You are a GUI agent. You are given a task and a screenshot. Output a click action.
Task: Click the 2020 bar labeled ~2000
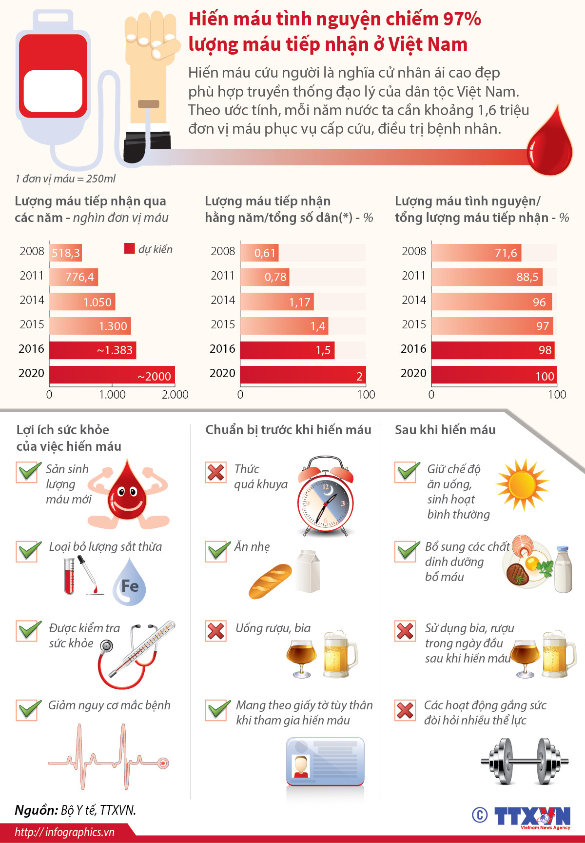[112, 375]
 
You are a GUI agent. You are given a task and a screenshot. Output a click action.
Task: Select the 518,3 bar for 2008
[65, 253]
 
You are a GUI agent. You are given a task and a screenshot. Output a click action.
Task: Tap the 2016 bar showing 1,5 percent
[287, 350]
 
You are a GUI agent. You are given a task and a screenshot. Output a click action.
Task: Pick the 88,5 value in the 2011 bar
[527, 277]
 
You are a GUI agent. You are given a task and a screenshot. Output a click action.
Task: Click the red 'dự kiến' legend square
[129, 249]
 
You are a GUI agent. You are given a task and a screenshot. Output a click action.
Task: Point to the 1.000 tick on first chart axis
[112, 395]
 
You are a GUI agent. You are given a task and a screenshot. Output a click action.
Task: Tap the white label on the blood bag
[53, 91]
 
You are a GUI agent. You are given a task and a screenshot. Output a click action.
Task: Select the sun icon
[522, 484]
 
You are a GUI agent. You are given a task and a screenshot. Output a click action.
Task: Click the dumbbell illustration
[525, 761]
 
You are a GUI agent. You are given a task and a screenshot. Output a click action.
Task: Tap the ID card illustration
[325, 761]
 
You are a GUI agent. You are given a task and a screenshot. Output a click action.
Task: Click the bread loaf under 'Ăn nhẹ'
[270, 582]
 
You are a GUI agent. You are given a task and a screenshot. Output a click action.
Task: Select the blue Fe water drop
[129, 583]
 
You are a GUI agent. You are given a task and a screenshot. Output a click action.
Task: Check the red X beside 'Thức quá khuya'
[216, 472]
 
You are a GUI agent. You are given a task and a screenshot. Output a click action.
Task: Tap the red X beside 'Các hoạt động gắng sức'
[405, 710]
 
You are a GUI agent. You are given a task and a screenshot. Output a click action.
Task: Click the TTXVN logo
[531, 817]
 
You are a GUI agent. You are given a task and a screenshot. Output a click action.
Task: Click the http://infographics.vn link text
[64, 832]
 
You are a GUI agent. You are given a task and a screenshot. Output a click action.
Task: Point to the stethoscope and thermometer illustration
[136, 654]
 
